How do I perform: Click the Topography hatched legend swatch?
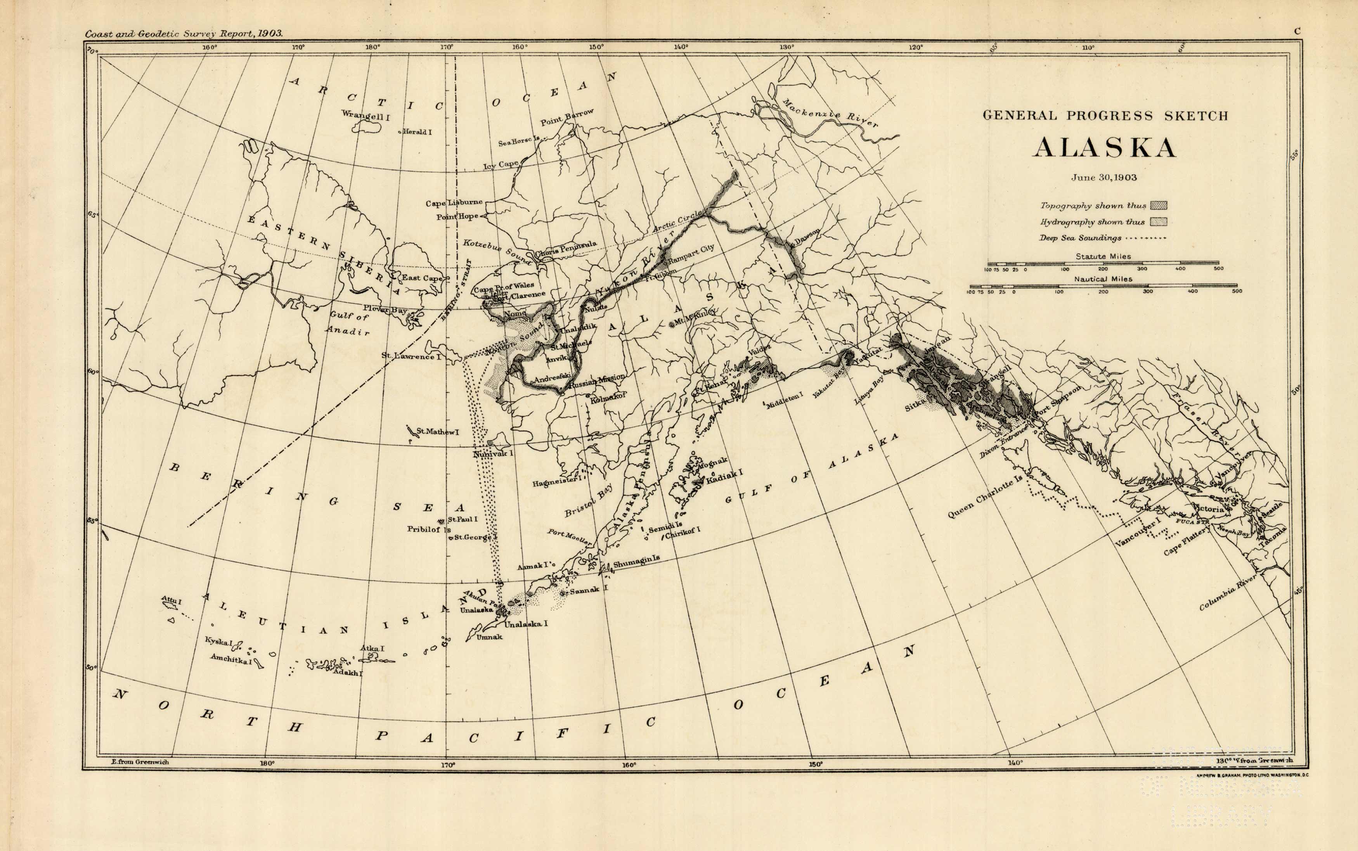(1158, 206)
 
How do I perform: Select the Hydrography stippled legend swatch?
(1158, 222)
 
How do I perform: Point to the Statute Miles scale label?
(1103, 256)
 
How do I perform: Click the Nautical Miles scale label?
(1103, 278)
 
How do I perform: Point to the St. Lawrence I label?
(411, 356)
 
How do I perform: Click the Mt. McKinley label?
(695, 316)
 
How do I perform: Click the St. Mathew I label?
(437, 432)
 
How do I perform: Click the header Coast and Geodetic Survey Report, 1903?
(184, 34)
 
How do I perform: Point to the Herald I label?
(417, 132)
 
